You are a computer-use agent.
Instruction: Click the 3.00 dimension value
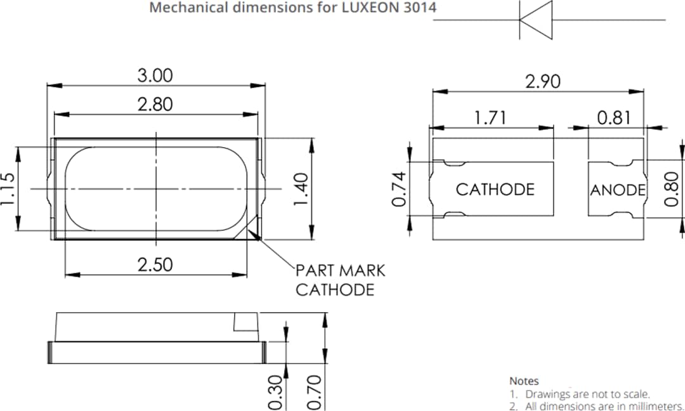click(155, 75)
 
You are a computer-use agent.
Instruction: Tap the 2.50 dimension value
click(155, 264)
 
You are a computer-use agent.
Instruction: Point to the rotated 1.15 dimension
click(8, 190)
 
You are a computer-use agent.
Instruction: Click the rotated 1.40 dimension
click(303, 189)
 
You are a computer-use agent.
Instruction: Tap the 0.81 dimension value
click(614, 117)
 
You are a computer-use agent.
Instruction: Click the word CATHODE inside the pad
click(495, 189)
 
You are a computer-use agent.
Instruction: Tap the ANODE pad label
click(618, 190)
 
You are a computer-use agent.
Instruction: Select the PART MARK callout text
click(341, 270)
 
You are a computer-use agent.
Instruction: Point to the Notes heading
click(524, 381)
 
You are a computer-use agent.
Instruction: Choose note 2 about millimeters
click(596, 405)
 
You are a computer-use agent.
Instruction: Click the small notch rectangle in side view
click(245, 322)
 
